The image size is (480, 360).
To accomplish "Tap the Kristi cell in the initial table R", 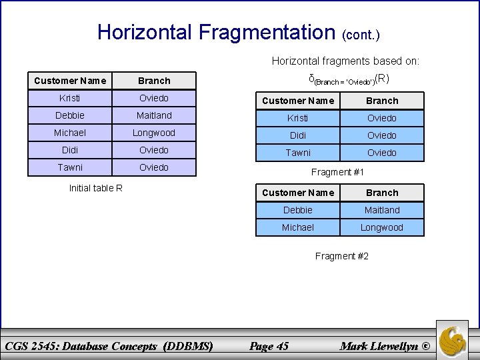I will point(70,98).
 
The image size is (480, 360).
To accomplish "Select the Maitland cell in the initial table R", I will point(154,115).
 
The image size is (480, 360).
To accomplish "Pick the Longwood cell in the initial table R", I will point(154,133).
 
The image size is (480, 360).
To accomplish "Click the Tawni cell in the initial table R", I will point(70,167).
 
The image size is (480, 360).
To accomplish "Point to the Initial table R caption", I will point(96,187).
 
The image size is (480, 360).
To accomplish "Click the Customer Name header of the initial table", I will point(70,81).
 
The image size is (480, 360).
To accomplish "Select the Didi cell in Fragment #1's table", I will point(298,135).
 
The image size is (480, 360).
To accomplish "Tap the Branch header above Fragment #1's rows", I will point(382,101).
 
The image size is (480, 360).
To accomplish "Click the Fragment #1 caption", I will point(338,172).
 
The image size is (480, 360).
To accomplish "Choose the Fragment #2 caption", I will point(341,256).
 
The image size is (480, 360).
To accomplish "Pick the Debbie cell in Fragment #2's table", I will point(298,210).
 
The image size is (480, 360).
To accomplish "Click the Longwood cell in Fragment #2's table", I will point(382,227).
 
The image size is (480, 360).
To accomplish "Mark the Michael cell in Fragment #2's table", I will point(298,227).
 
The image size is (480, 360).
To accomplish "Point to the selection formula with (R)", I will point(349,79).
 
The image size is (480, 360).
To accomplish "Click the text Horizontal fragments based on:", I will point(345,61).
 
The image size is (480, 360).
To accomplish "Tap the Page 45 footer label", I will point(268,345).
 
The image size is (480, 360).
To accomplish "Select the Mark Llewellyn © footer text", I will point(385,345).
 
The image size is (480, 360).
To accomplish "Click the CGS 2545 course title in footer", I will point(109,345).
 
